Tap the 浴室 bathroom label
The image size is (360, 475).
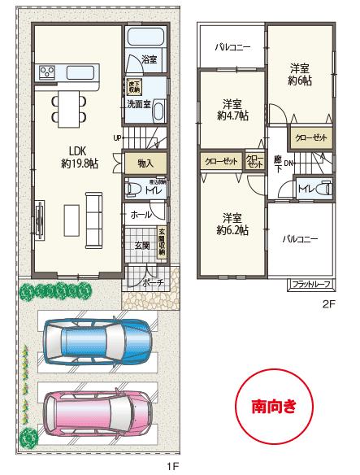[x=150, y=60]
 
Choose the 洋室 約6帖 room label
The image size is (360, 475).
[x=300, y=73]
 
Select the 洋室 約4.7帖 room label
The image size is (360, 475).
[x=233, y=110]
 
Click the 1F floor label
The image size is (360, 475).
[x=172, y=466]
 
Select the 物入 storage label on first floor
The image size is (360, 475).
[x=146, y=163]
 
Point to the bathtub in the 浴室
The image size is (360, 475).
[x=147, y=37]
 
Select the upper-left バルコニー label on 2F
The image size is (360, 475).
[x=232, y=48]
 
